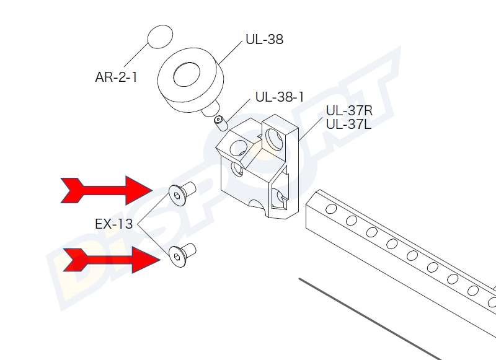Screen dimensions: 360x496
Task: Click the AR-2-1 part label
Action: (116, 77)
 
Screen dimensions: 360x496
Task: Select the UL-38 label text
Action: (264, 40)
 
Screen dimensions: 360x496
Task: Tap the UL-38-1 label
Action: (280, 97)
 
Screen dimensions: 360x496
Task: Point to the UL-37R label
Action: (348, 111)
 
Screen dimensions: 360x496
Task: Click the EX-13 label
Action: (113, 224)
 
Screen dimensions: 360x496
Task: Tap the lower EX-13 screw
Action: (182, 252)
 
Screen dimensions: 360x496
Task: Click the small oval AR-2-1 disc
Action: (161, 36)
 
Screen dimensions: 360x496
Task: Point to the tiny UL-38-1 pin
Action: (219, 121)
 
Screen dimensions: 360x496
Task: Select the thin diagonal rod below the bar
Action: (372, 319)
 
